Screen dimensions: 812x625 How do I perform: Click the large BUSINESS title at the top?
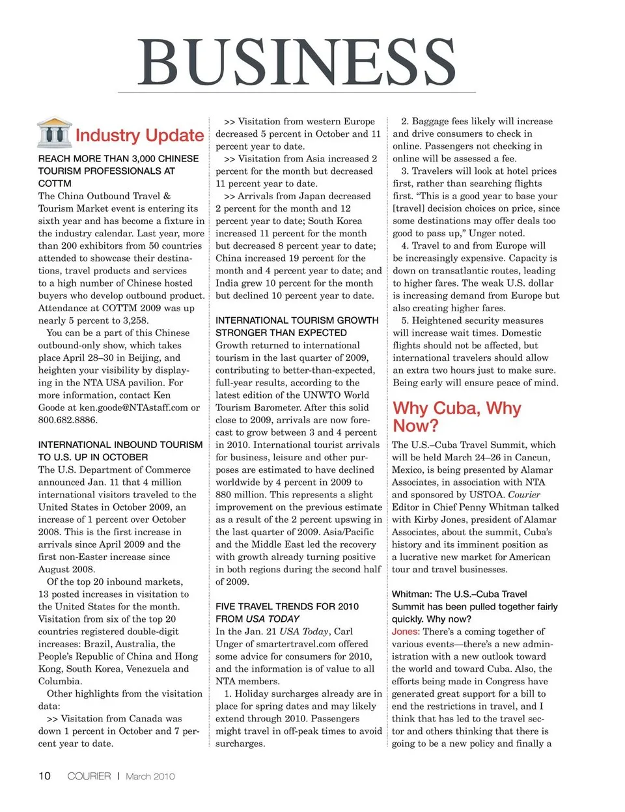[296, 63]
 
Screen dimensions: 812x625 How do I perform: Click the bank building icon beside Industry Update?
[55, 133]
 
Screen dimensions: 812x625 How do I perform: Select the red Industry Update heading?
[139, 135]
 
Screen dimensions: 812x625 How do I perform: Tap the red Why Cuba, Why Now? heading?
[456, 417]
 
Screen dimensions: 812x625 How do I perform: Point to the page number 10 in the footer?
[44, 776]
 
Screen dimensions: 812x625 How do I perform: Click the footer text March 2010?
[150, 776]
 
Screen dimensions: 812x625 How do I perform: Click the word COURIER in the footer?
[89, 776]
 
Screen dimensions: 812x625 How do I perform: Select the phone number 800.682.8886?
[68, 420]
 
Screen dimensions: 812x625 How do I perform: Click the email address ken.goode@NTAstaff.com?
[133, 408]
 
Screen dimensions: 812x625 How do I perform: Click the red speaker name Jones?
[406, 632]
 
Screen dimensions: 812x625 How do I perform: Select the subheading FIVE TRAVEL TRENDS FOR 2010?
[287, 607]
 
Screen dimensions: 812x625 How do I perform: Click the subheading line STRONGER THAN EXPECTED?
[281, 333]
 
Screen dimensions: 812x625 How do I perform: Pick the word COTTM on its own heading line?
[55, 184]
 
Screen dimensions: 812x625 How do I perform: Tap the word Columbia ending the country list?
[60, 681]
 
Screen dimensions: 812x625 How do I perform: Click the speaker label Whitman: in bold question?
[411, 594]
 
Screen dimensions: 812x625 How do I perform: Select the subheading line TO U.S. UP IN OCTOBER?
[93, 457]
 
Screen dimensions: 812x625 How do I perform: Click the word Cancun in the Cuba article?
[532, 458]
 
